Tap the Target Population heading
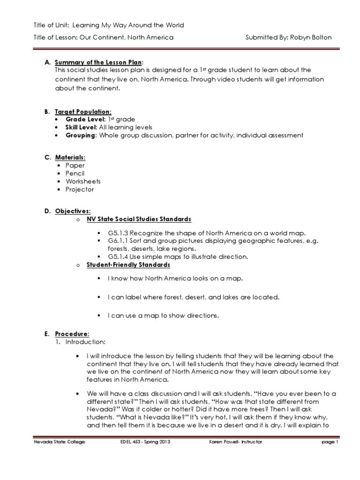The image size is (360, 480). (x=83, y=111)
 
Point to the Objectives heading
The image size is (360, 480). (x=73, y=211)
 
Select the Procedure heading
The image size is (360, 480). (x=72, y=334)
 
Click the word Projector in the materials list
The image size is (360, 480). (x=80, y=189)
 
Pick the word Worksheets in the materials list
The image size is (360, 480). (x=83, y=181)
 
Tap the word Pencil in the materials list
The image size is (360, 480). (x=75, y=173)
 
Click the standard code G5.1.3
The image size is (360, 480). (x=119, y=233)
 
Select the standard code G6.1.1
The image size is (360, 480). (x=119, y=241)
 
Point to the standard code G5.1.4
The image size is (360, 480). (x=119, y=257)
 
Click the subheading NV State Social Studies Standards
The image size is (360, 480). (x=139, y=219)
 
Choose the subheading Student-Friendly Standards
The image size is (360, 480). (x=128, y=265)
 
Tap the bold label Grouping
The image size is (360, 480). (x=80, y=135)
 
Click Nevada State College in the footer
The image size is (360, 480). (x=59, y=442)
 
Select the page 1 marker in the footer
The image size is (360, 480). (x=330, y=442)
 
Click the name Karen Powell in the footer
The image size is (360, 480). (x=224, y=442)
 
